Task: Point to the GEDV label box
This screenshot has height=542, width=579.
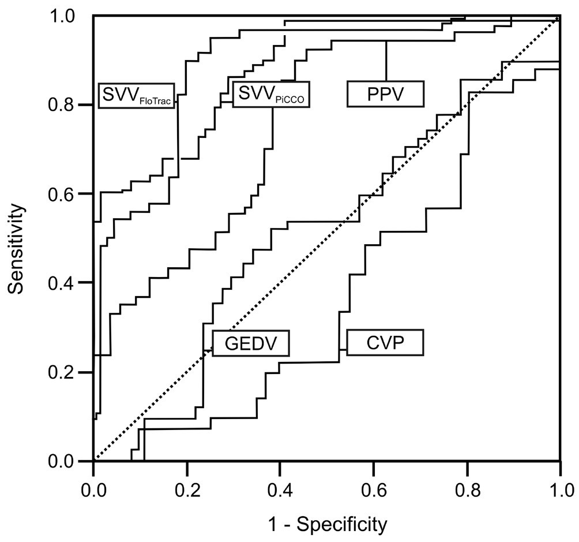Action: (250, 343)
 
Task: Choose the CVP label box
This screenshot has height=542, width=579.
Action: (385, 343)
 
